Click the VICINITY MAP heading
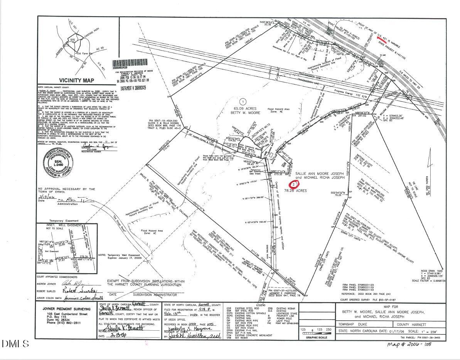[69, 80]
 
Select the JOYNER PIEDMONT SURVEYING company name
[63, 309]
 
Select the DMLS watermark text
[15, 343]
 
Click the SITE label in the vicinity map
[72, 40]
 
